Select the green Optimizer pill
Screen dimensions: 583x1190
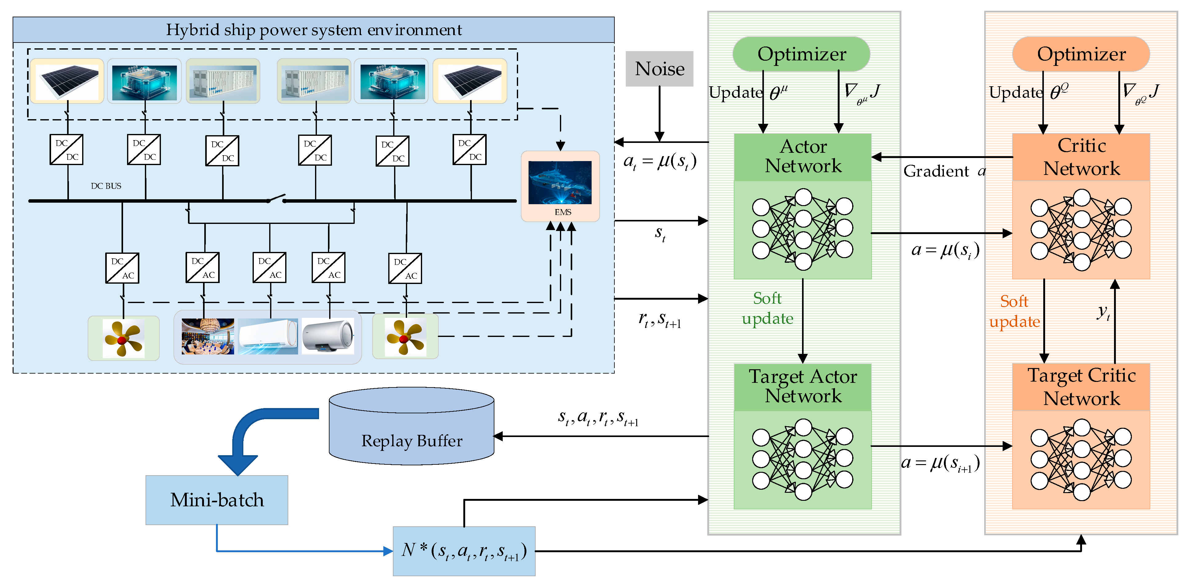[x=801, y=54]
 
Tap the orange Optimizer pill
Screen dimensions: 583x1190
[x=1081, y=54]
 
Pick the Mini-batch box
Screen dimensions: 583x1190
[x=217, y=500]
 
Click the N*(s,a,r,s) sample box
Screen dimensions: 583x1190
[x=464, y=551]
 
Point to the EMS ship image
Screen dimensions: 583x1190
[x=560, y=183]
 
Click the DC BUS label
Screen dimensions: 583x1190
[x=106, y=186]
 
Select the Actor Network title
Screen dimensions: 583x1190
[x=803, y=156]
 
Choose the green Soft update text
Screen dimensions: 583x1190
[x=767, y=308]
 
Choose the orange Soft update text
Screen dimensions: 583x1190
[x=1014, y=311]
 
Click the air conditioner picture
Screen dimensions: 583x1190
[x=268, y=336]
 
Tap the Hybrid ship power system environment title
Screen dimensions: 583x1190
[x=314, y=30]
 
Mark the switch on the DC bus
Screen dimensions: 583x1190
[x=276, y=199]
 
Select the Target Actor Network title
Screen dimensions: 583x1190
[x=803, y=386]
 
